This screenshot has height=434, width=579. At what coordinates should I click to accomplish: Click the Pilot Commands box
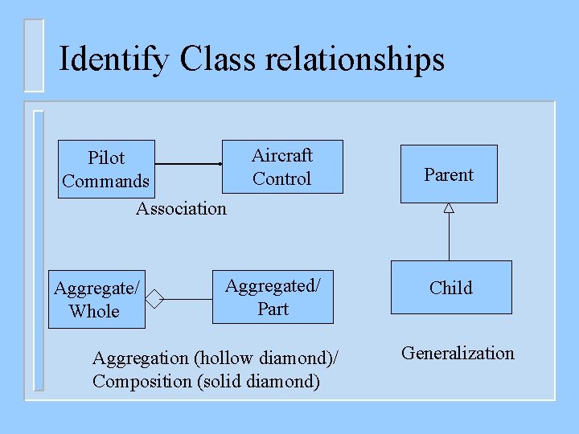(x=105, y=169)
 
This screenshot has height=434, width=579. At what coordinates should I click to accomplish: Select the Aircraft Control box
(x=281, y=167)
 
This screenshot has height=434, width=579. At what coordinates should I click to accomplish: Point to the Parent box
(x=449, y=174)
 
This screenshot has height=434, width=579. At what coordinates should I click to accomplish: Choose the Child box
(x=450, y=288)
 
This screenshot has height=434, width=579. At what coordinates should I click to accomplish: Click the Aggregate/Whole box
(x=96, y=299)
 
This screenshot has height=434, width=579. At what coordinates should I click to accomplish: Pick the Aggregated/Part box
(x=273, y=297)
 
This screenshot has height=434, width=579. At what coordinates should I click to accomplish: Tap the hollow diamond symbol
(x=154, y=300)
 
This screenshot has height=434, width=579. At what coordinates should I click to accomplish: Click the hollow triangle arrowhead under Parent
(x=449, y=207)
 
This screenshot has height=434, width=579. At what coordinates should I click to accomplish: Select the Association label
(x=181, y=209)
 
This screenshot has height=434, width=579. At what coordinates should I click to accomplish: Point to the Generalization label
(x=458, y=354)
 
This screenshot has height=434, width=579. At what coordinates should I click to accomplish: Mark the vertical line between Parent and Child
(x=449, y=237)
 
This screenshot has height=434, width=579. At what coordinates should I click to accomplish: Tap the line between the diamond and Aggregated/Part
(x=188, y=300)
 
